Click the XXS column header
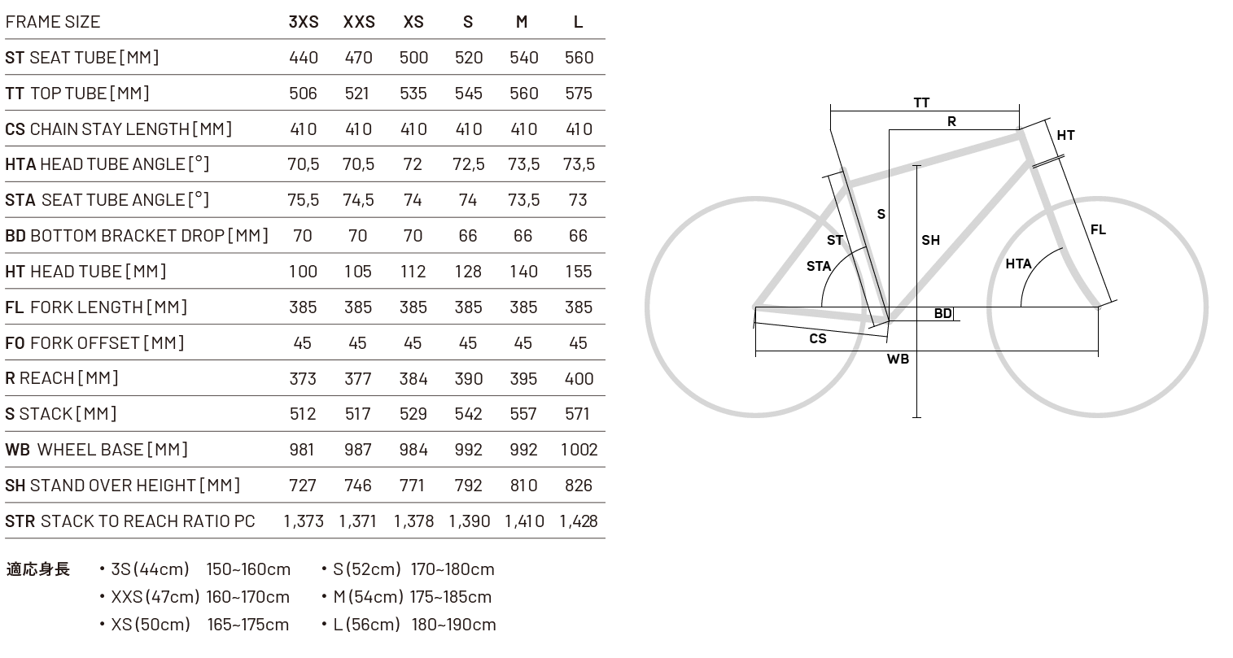coord(359,22)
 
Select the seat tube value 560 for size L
coord(579,58)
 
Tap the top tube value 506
coord(303,94)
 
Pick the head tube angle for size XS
coord(413,164)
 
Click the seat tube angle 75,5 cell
coord(303,200)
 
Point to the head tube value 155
coord(579,272)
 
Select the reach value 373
coord(303,378)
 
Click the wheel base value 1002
coord(579,450)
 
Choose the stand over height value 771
coord(413,486)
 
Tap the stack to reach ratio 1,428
coord(579,521)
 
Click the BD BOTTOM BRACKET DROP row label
coord(137,236)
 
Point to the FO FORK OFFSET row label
coord(94,343)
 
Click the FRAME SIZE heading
coord(53,22)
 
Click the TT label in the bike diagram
coord(921,103)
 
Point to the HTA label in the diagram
coord(1018,264)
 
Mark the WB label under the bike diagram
coord(898,359)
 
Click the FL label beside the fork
coord(1098,230)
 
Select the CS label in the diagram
coord(818,338)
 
